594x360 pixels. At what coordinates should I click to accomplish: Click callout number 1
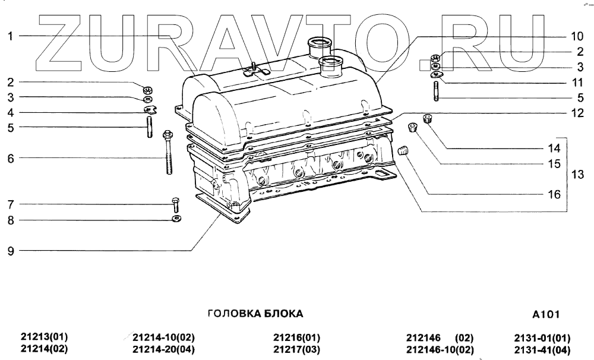tap(11, 36)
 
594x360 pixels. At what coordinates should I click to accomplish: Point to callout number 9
tap(11, 251)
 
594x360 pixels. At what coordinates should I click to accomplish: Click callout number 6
tap(11, 159)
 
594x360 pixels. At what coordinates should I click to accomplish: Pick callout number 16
tap(554, 194)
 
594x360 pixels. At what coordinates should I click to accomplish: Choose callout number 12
tap(560, 112)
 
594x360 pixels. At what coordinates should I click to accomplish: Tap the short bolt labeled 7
tap(176, 205)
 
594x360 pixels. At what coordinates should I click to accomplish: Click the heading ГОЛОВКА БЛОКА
tap(255, 313)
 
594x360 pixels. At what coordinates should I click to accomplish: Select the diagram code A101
tap(546, 314)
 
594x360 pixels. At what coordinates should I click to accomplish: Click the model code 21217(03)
tap(296, 349)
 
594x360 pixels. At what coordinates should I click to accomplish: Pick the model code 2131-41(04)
tap(542, 349)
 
